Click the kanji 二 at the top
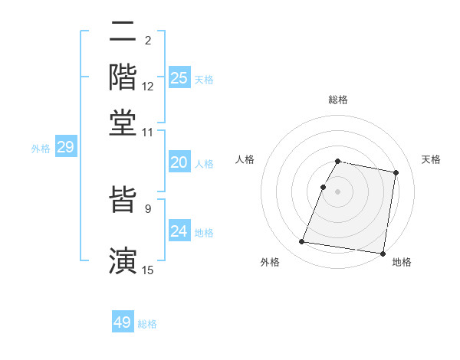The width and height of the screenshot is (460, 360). (123, 32)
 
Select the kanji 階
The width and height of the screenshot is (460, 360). (123, 77)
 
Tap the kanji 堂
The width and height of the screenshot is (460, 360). (123, 123)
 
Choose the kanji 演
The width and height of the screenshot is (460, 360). (123, 259)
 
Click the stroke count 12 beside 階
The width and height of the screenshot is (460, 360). (148, 87)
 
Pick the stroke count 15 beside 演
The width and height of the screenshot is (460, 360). (148, 269)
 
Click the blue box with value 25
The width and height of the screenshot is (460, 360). (179, 78)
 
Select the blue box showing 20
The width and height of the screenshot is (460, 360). (179, 162)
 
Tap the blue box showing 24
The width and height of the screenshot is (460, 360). (179, 231)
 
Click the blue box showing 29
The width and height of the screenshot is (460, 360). (65, 148)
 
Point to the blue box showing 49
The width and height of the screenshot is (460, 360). (123, 322)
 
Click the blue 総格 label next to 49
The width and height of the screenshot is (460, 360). (147, 324)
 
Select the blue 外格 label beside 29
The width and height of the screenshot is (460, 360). (41, 149)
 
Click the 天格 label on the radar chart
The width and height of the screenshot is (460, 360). (431, 159)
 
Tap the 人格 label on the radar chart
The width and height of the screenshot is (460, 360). (245, 159)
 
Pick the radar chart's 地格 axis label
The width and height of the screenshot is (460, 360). (402, 262)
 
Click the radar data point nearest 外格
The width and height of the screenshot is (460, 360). (302, 242)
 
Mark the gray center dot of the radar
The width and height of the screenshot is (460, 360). (337, 191)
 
